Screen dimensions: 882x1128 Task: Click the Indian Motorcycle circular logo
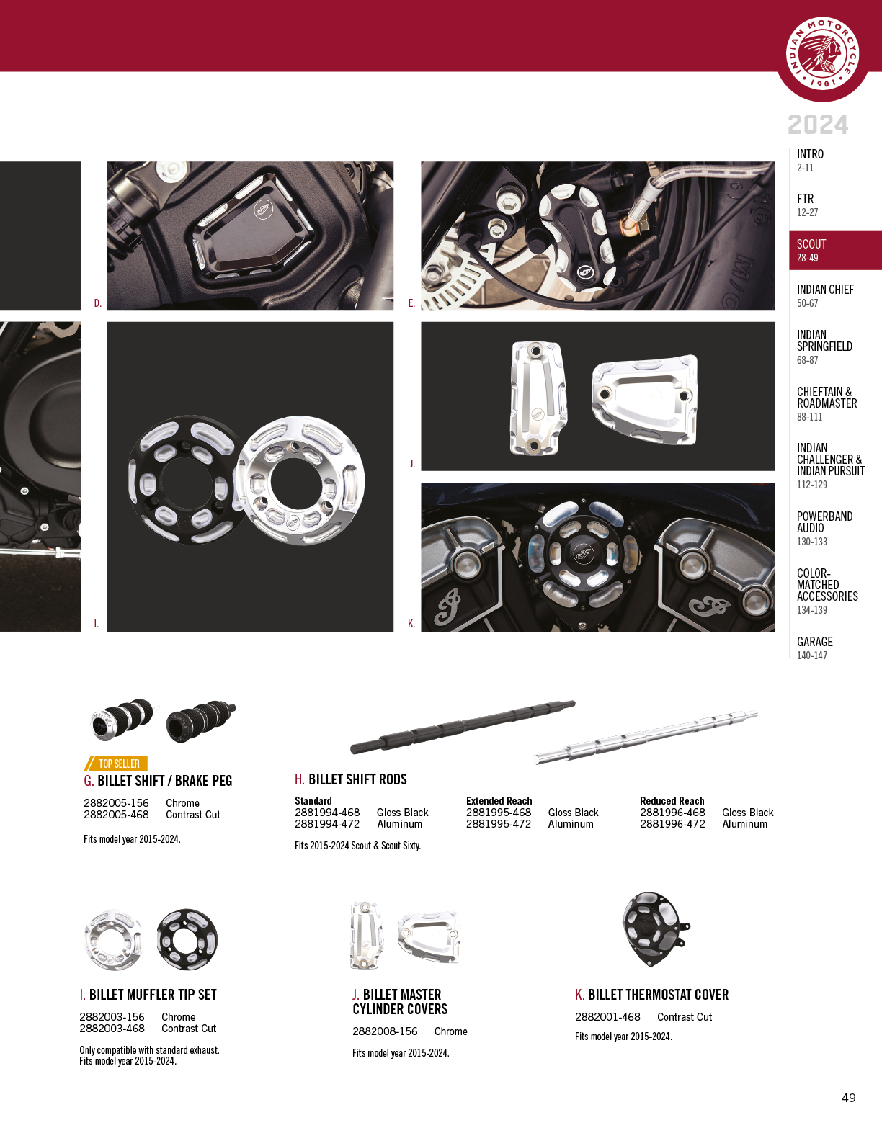click(x=822, y=54)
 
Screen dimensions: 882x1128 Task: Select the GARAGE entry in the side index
click(x=814, y=648)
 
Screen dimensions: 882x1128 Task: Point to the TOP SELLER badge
click(x=116, y=764)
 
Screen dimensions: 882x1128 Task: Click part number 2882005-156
click(x=116, y=803)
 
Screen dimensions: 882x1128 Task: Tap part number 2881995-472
click(x=499, y=824)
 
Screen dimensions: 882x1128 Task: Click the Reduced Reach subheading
click(x=672, y=800)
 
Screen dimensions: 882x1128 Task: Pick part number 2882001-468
click(x=607, y=1017)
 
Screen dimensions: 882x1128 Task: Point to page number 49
click(x=849, y=1097)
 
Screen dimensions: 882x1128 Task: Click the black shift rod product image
click(x=463, y=727)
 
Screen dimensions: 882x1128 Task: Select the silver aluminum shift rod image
click(x=645, y=737)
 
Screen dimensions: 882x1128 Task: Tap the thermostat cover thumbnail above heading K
click(x=656, y=929)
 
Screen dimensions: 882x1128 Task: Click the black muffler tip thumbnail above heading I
click(x=187, y=939)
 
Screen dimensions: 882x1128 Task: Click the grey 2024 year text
click(x=818, y=125)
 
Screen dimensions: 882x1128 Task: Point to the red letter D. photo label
click(x=97, y=303)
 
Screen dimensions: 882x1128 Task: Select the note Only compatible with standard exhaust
click(x=149, y=1050)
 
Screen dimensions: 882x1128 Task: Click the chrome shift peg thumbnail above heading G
click(x=122, y=719)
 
